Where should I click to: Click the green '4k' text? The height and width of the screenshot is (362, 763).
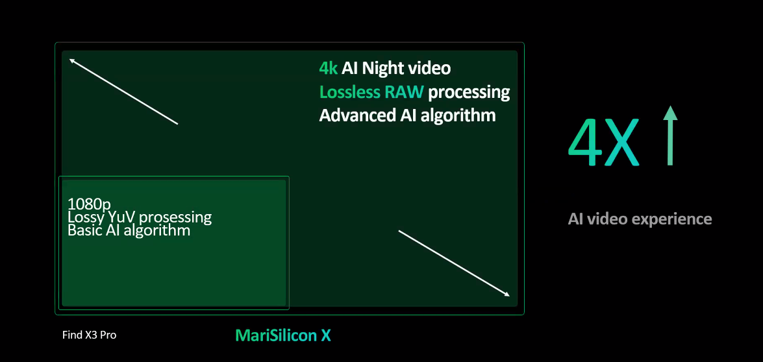[x=328, y=69]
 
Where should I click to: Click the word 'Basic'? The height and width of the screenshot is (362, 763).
[x=82, y=230]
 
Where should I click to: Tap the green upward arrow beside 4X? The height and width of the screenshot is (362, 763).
[x=670, y=136]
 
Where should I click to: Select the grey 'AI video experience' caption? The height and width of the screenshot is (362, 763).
[x=640, y=219]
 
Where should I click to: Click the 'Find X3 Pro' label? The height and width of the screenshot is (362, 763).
[x=90, y=335]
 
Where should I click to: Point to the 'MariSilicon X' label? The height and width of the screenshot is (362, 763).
[x=283, y=335]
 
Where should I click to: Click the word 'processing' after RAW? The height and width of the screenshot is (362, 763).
[x=469, y=92]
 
